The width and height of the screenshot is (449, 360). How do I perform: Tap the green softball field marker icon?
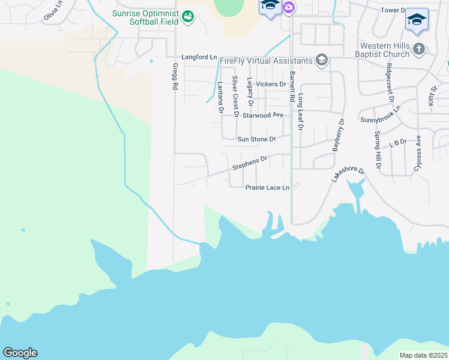coord(188,16)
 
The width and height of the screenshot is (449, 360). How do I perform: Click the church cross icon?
coord(419,49)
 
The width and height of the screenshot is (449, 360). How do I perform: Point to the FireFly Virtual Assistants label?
coord(266,61)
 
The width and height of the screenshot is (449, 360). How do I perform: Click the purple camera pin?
coord(289,7)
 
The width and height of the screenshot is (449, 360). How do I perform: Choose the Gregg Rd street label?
coord(175,77)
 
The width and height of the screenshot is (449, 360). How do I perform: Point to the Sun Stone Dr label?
coord(256,139)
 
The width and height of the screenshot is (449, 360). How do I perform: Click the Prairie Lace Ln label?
coord(267,188)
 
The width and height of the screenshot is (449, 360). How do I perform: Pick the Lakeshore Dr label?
coord(348,175)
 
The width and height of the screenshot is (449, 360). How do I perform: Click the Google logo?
coord(20,353)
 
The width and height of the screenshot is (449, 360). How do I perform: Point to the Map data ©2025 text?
coord(423,355)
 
